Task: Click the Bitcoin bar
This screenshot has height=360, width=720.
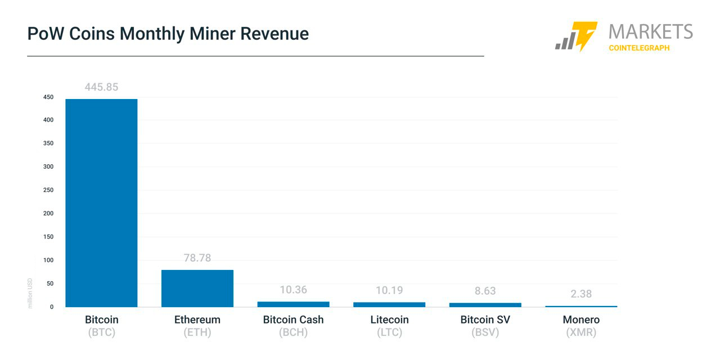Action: [101, 202]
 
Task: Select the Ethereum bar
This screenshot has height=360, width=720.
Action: [197, 288]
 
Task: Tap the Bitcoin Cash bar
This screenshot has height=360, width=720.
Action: [293, 304]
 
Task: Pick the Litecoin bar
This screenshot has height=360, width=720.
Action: [389, 304]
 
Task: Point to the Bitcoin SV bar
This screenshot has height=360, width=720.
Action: [485, 305]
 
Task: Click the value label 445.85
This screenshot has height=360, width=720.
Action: [101, 87]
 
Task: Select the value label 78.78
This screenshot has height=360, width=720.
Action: [197, 258]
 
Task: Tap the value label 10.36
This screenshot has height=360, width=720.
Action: [293, 290]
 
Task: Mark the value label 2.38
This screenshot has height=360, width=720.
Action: [581, 294]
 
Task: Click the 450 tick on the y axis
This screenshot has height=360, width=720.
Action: [48, 97]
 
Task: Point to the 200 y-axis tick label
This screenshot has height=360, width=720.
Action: [48, 214]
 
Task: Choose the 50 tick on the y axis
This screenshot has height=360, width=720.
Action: [49, 283]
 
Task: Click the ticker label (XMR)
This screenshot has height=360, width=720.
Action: [581, 332]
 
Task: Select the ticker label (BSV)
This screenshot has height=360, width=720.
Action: [485, 332]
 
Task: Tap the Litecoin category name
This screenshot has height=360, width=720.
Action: [389, 319]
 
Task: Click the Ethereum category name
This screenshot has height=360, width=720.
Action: [197, 319]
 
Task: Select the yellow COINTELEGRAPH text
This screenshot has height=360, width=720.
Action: [639, 48]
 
